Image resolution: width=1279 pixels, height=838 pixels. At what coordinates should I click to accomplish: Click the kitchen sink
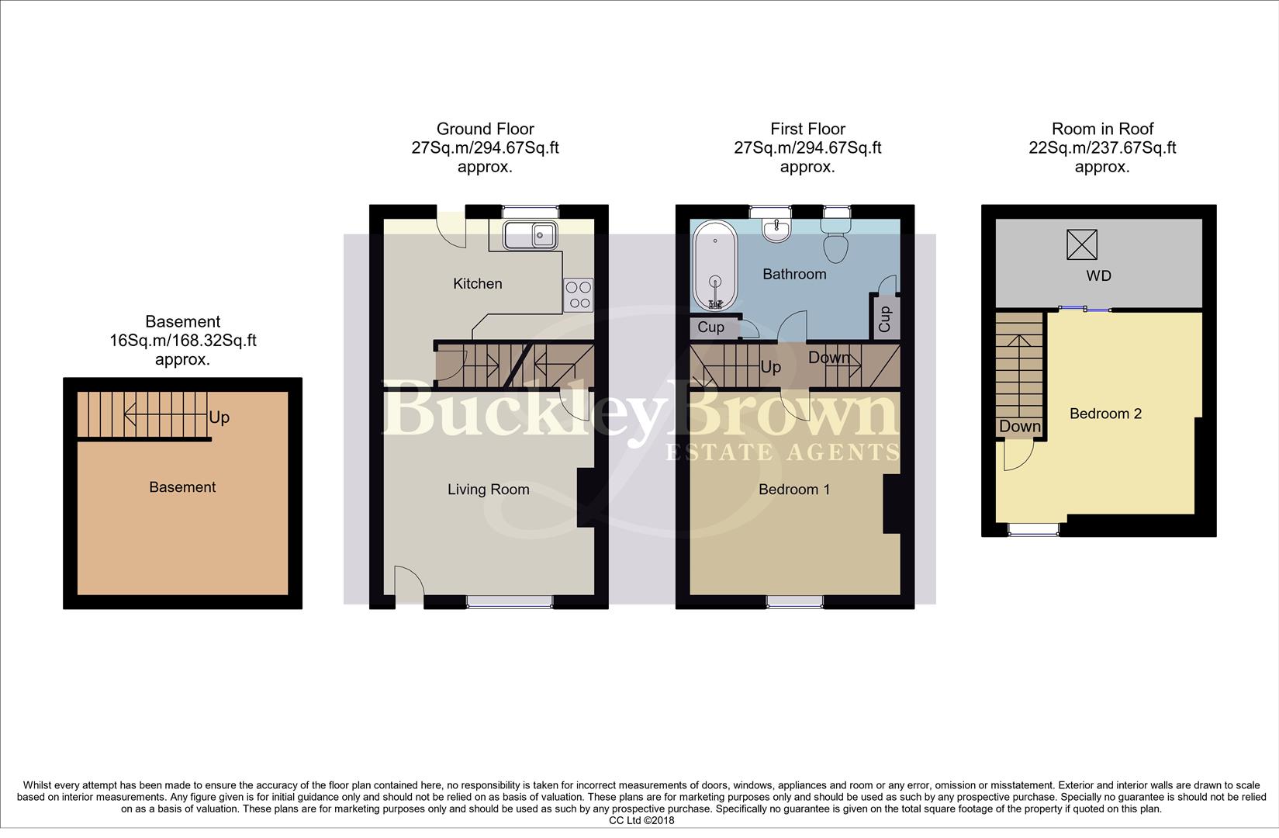(x=530, y=234)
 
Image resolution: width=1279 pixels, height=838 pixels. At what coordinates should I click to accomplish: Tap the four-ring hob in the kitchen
(x=578, y=294)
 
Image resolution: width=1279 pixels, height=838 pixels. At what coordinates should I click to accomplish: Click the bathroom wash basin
(x=776, y=230)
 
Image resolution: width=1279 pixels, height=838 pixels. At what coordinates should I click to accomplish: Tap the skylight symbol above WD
(x=1082, y=244)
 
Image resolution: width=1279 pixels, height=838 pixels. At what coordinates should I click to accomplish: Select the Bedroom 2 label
(x=1105, y=414)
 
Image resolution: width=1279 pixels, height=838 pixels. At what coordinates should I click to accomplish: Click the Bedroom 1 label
(x=793, y=490)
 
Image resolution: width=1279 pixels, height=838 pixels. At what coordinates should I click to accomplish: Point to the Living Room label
(x=488, y=490)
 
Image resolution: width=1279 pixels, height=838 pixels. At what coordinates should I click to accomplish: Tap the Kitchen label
(x=477, y=284)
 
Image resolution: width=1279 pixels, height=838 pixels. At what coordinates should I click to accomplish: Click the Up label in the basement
(x=220, y=417)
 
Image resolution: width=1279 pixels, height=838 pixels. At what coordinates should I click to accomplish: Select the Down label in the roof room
(x=1019, y=426)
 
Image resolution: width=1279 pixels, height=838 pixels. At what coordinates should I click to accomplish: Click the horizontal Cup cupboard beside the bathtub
(x=711, y=327)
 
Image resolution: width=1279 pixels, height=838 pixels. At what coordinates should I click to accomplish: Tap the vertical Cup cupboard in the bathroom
(x=885, y=319)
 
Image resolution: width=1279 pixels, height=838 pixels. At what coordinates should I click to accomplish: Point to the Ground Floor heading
(x=485, y=129)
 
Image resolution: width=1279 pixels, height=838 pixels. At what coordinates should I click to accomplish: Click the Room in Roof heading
(x=1102, y=129)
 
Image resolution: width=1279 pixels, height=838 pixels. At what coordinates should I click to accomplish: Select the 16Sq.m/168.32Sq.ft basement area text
(x=182, y=341)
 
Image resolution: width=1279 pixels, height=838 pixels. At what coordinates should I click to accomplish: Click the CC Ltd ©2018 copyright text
(x=641, y=820)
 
